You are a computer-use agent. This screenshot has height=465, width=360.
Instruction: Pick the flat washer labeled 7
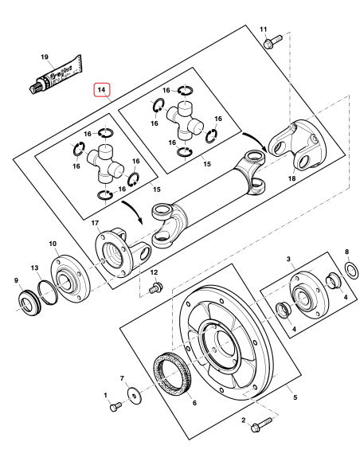(x=131, y=393)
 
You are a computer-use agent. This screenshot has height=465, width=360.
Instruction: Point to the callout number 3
(x=290, y=260)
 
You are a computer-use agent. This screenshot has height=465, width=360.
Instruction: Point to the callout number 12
(x=155, y=273)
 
